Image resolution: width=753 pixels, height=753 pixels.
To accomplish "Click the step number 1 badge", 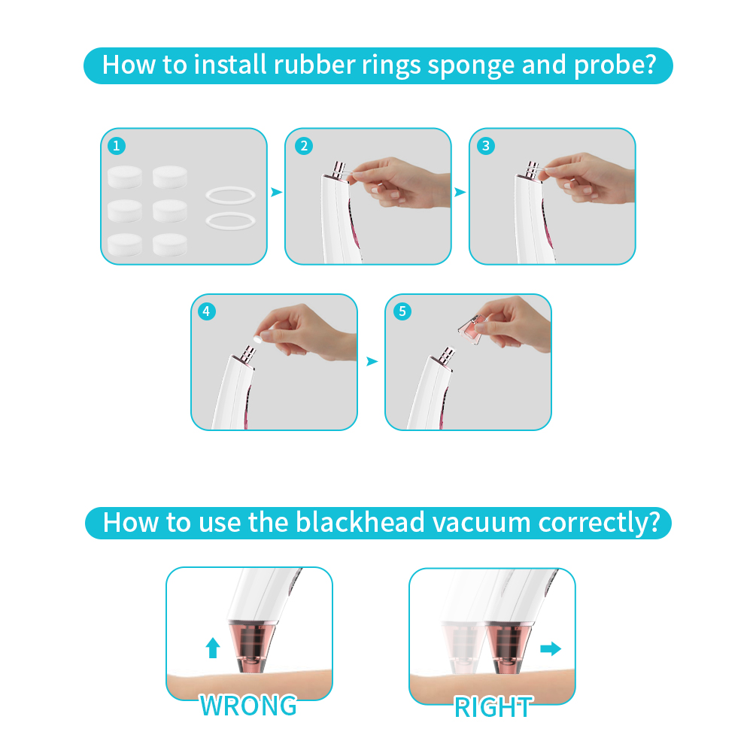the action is coord(116,145).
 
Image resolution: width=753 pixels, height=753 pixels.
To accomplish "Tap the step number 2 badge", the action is coord(303,145).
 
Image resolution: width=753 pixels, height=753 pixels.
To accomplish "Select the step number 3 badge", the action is coord(485,145).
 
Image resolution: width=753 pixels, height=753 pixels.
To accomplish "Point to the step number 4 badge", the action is coord(207,311).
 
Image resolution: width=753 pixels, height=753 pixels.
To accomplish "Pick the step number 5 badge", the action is coord(402,311).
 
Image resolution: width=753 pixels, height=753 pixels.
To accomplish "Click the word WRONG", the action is coord(248,706).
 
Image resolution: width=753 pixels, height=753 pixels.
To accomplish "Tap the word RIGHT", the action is coord(493,708).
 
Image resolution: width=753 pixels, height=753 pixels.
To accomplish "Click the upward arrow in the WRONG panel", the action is coord(213,648).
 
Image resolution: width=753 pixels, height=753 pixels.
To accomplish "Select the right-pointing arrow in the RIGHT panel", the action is coord(551,648).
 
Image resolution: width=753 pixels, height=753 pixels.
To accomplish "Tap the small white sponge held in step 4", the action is coord(258,339).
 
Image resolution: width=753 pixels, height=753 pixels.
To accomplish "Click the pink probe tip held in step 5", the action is coord(472,329).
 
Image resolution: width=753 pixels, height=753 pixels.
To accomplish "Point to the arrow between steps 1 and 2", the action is coord(276,192).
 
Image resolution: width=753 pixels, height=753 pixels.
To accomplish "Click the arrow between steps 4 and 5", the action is coord(372,361).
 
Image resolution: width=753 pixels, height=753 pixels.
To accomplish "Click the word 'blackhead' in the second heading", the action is coord(360,522).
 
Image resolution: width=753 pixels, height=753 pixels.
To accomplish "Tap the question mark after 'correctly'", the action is coord(654,522).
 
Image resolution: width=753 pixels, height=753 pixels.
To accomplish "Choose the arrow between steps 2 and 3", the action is coord(460,192).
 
